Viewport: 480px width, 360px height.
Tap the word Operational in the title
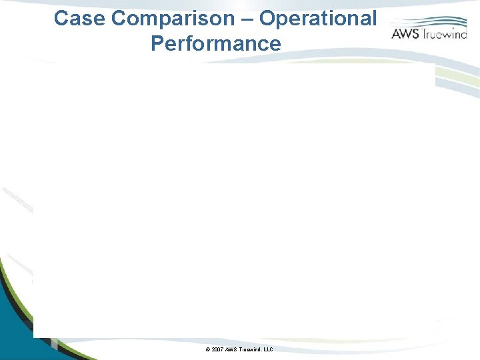318,19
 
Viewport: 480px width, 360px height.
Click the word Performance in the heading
216,44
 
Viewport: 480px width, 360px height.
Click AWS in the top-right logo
405,34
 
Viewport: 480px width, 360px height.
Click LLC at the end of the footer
269,350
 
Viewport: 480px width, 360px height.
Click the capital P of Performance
158,44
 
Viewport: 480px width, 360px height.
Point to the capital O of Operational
267,19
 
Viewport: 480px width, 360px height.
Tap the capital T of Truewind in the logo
423,34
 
